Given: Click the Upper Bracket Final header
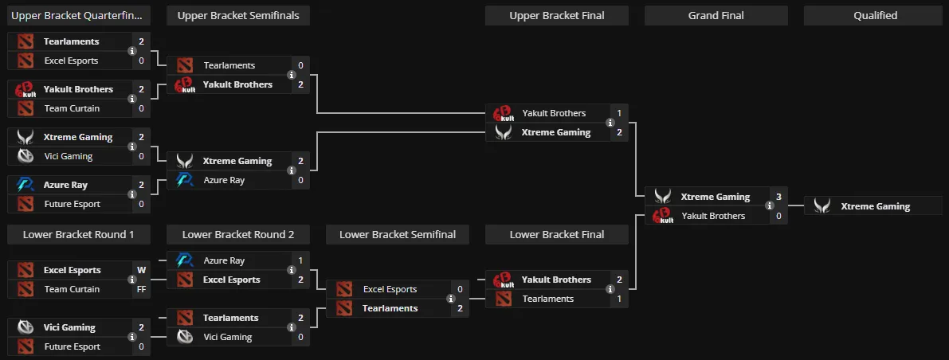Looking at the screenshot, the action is point(557,16).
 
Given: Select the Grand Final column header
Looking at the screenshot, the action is point(716,16).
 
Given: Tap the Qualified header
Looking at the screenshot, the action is point(875,16).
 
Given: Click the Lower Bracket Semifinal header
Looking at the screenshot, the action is point(398,235).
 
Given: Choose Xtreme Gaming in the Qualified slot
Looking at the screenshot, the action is point(875,206).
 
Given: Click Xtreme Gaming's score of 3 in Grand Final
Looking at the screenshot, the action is point(779,197).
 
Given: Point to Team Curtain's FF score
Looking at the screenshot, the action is point(142,289).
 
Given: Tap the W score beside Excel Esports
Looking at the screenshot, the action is point(142,270).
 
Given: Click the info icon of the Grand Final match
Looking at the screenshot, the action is point(770,205).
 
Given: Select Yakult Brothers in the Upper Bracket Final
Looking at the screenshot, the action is point(554,113).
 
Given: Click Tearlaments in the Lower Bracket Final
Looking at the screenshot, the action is point(547,299).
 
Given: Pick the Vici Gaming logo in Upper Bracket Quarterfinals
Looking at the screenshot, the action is point(25,156).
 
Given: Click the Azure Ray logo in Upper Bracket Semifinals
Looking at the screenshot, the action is point(185,180).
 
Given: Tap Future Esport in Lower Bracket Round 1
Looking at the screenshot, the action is point(72,346).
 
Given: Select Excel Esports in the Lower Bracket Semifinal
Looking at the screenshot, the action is point(390,289).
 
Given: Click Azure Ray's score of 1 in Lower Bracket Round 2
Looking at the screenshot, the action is point(301,260).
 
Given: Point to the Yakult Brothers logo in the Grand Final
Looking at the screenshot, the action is point(663,216).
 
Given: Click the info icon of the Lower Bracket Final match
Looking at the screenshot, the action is point(610,289).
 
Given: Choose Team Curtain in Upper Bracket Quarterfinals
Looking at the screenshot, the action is point(72,108).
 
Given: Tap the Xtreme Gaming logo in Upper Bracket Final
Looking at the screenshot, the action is point(504,132).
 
